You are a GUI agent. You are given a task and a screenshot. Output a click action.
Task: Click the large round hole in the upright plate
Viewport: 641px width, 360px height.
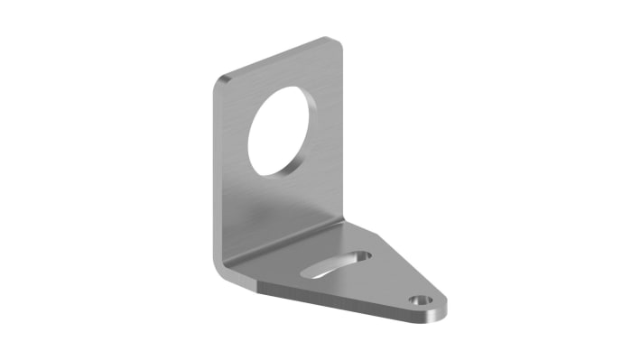285,128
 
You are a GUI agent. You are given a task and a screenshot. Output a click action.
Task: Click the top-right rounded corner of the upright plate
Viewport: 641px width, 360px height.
334,42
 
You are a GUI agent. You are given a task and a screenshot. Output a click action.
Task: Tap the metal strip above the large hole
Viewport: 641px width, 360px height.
284,72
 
